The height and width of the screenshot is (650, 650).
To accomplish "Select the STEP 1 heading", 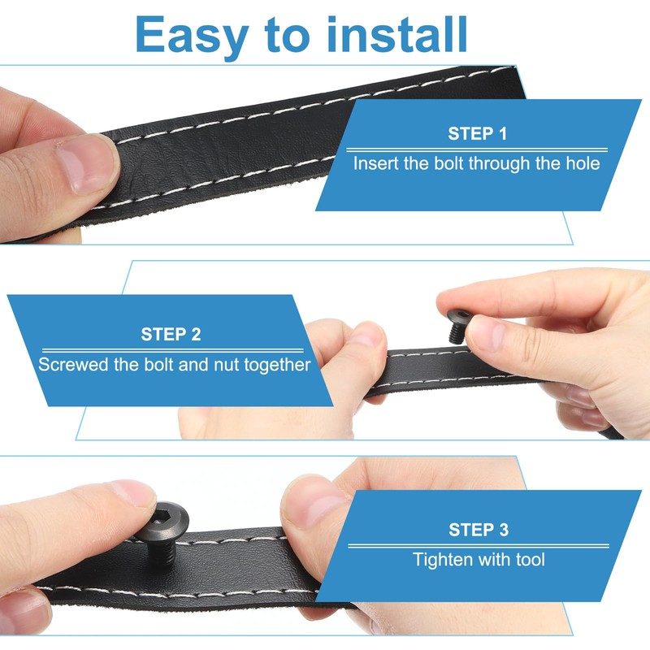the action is [477, 133].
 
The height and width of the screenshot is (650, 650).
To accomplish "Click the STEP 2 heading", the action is [171, 334].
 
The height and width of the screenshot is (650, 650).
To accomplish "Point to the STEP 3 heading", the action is [479, 530].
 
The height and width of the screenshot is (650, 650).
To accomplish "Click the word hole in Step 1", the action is [583, 163].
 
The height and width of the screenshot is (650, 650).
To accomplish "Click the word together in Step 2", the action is [277, 365].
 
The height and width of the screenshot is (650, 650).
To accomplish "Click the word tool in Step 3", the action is [531, 560].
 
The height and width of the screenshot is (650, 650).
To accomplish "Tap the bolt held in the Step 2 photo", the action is [457, 326].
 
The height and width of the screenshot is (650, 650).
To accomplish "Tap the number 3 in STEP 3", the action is [503, 530].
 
